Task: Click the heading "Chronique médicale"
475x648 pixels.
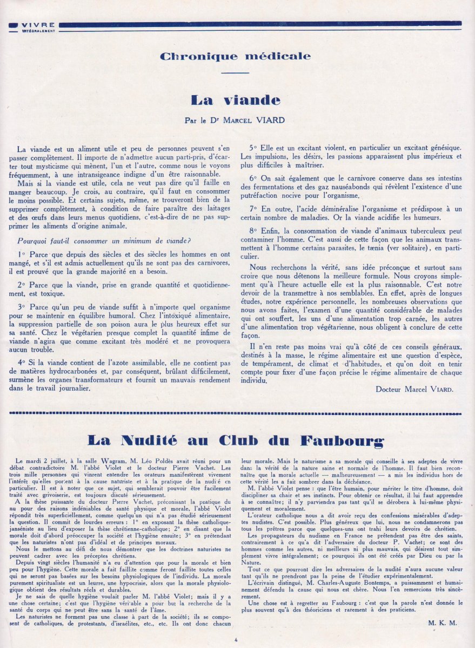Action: (x=236, y=56)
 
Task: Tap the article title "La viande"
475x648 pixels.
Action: (x=236, y=100)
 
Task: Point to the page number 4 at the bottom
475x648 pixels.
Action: (x=236, y=640)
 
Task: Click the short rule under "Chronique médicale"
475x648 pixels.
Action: (x=235, y=73)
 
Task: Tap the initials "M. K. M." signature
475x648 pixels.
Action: (x=442, y=622)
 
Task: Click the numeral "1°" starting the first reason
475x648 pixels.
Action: (x=21, y=238)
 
